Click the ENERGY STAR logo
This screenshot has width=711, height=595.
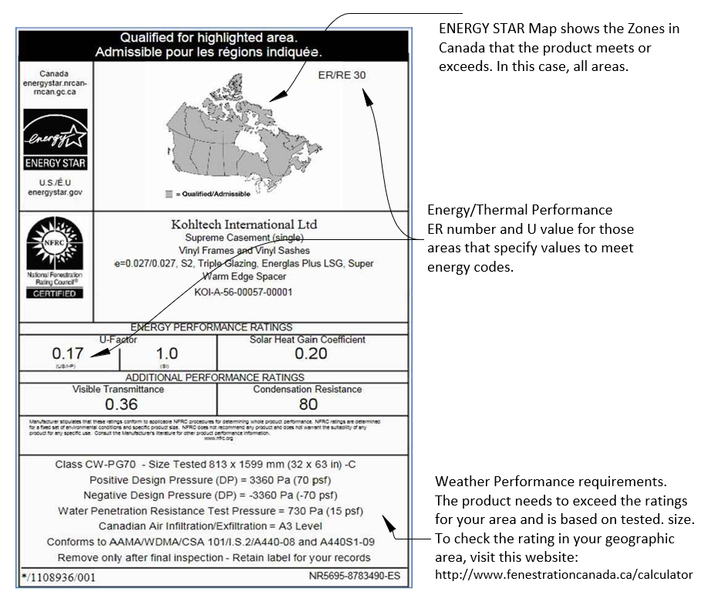click(x=55, y=139)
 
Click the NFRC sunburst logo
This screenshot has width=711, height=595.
click(x=54, y=242)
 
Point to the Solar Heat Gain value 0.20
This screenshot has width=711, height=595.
click(x=311, y=353)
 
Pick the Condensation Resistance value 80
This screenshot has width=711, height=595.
click(x=308, y=404)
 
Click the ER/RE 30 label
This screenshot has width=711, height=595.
click(x=342, y=76)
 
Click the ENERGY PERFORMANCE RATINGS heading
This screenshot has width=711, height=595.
click(x=211, y=327)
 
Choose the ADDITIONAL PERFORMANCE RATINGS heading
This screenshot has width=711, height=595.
click(x=214, y=377)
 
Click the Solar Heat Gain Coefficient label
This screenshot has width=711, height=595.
click(x=307, y=340)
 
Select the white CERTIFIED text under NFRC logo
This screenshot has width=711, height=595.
click(x=55, y=293)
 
